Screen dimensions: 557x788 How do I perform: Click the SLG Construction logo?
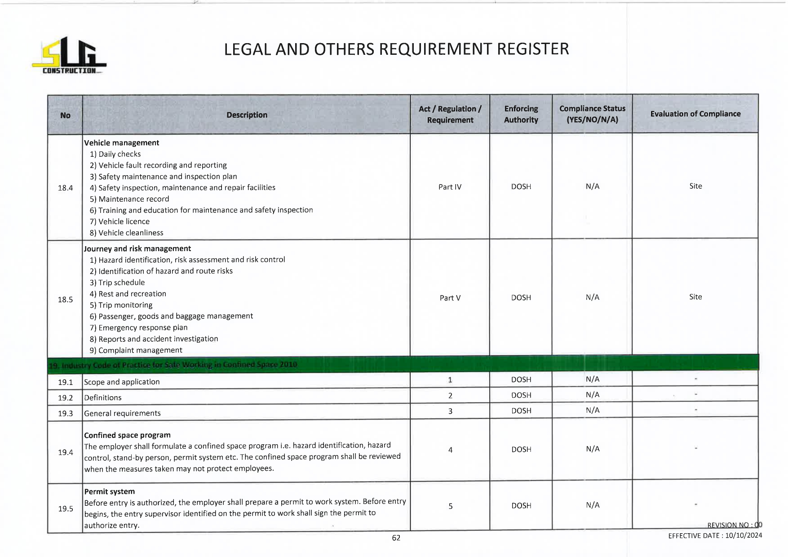(69, 56)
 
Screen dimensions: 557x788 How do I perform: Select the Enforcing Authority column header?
(521, 114)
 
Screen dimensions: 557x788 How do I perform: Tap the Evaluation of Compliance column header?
(695, 114)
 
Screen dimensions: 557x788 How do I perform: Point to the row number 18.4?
(65, 188)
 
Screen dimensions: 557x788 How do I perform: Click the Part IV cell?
(450, 187)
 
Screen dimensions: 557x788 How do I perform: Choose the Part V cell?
(450, 298)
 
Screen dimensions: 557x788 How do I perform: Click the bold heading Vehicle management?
(121, 143)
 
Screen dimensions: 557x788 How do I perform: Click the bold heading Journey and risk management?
(137, 248)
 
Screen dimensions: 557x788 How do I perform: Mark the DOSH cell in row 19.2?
(521, 395)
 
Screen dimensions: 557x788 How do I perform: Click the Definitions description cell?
(103, 398)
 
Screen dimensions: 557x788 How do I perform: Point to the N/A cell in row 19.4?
(592, 449)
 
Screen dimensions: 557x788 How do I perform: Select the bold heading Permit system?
(110, 491)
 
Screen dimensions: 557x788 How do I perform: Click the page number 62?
(396, 538)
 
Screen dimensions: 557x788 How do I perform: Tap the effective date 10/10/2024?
(744, 535)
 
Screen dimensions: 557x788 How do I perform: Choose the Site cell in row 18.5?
(695, 297)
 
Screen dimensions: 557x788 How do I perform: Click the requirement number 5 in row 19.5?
(450, 506)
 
